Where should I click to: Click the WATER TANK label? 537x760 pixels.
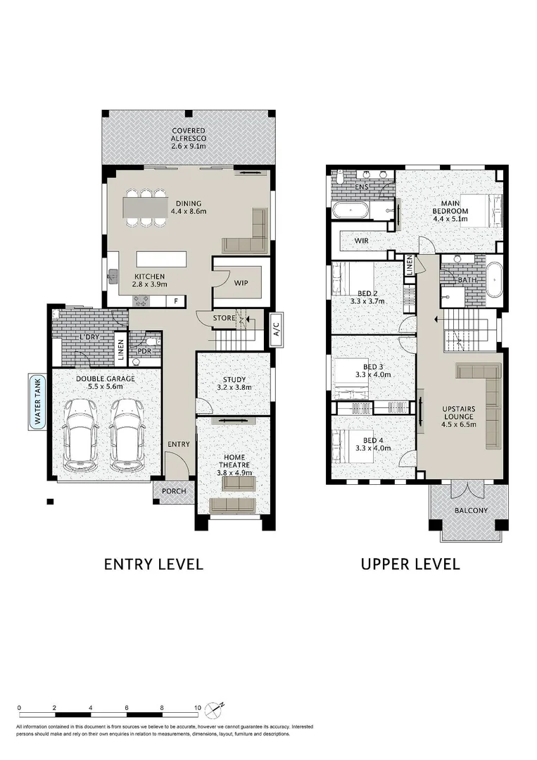(37, 401)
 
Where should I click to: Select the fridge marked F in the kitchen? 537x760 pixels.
(176, 301)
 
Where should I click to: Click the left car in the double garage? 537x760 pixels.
(82, 435)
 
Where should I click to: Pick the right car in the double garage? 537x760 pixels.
(126, 435)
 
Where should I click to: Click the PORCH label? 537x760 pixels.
(174, 491)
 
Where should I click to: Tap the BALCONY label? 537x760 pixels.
(471, 510)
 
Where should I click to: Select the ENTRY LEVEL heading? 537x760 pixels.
(153, 564)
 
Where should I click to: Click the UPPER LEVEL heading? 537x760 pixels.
(410, 564)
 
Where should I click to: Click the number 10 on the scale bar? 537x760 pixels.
(197, 708)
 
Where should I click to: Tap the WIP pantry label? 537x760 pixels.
(241, 283)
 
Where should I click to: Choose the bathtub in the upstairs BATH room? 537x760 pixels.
(494, 280)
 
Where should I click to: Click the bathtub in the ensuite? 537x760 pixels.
(350, 211)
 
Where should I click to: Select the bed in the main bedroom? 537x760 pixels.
(480, 210)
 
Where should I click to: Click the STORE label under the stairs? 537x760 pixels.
(224, 318)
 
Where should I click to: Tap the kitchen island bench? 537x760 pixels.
(161, 259)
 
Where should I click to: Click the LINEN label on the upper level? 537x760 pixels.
(410, 265)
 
